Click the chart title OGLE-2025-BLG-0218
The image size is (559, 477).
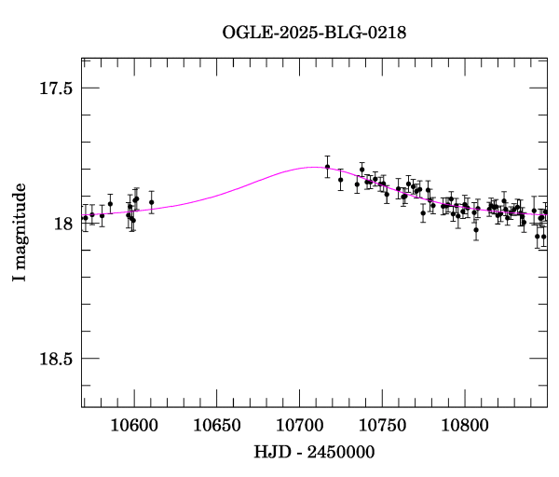tap(314, 33)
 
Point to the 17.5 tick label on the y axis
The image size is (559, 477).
tap(55, 89)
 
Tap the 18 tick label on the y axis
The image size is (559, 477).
tap(64, 224)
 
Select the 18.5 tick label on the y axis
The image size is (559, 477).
tap(55, 359)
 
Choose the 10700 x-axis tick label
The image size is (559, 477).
tap(299, 426)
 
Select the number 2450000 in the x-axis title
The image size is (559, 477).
tap(344, 452)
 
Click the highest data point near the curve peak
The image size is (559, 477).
tap(327, 167)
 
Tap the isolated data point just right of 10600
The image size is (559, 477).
tap(151, 201)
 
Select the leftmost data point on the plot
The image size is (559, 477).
tap(85, 218)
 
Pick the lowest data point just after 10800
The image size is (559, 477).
tap(475, 229)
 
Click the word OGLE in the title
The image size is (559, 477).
tap(245, 33)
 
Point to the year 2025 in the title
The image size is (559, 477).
tap(296, 33)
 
